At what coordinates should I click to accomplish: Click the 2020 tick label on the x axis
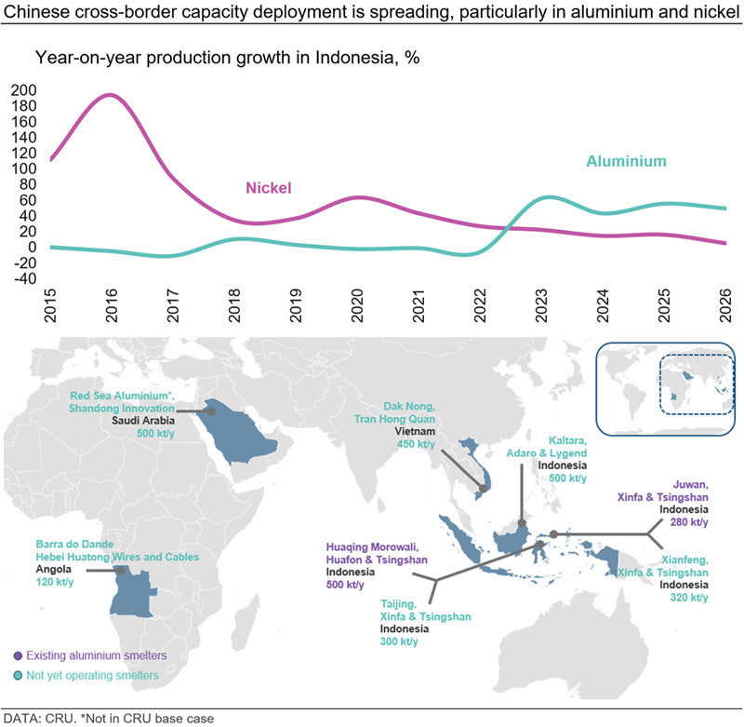[357, 305]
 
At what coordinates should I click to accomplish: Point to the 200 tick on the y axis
[24, 90]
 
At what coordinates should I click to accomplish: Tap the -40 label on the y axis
[25, 278]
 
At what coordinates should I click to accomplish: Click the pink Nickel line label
[269, 188]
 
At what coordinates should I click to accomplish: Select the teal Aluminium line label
[626, 161]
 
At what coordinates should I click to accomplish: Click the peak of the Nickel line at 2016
[110, 95]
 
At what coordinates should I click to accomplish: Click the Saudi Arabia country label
[143, 420]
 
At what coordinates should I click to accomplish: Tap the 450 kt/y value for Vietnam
[416, 444]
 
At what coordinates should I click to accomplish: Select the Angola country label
[54, 569]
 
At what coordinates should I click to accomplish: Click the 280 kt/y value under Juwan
[689, 522]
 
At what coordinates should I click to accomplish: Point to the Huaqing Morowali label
[373, 547]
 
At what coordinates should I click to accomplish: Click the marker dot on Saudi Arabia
[211, 411]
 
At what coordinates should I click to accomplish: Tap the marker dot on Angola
[121, 571]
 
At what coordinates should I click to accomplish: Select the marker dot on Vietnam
[483, 488]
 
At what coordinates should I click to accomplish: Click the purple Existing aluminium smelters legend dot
[18, 655]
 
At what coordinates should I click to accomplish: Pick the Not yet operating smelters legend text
[92, 675]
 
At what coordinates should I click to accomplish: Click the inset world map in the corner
[666, 389]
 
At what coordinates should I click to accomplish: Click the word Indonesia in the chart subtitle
[354, 58]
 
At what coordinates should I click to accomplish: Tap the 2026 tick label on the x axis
[725, 305]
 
